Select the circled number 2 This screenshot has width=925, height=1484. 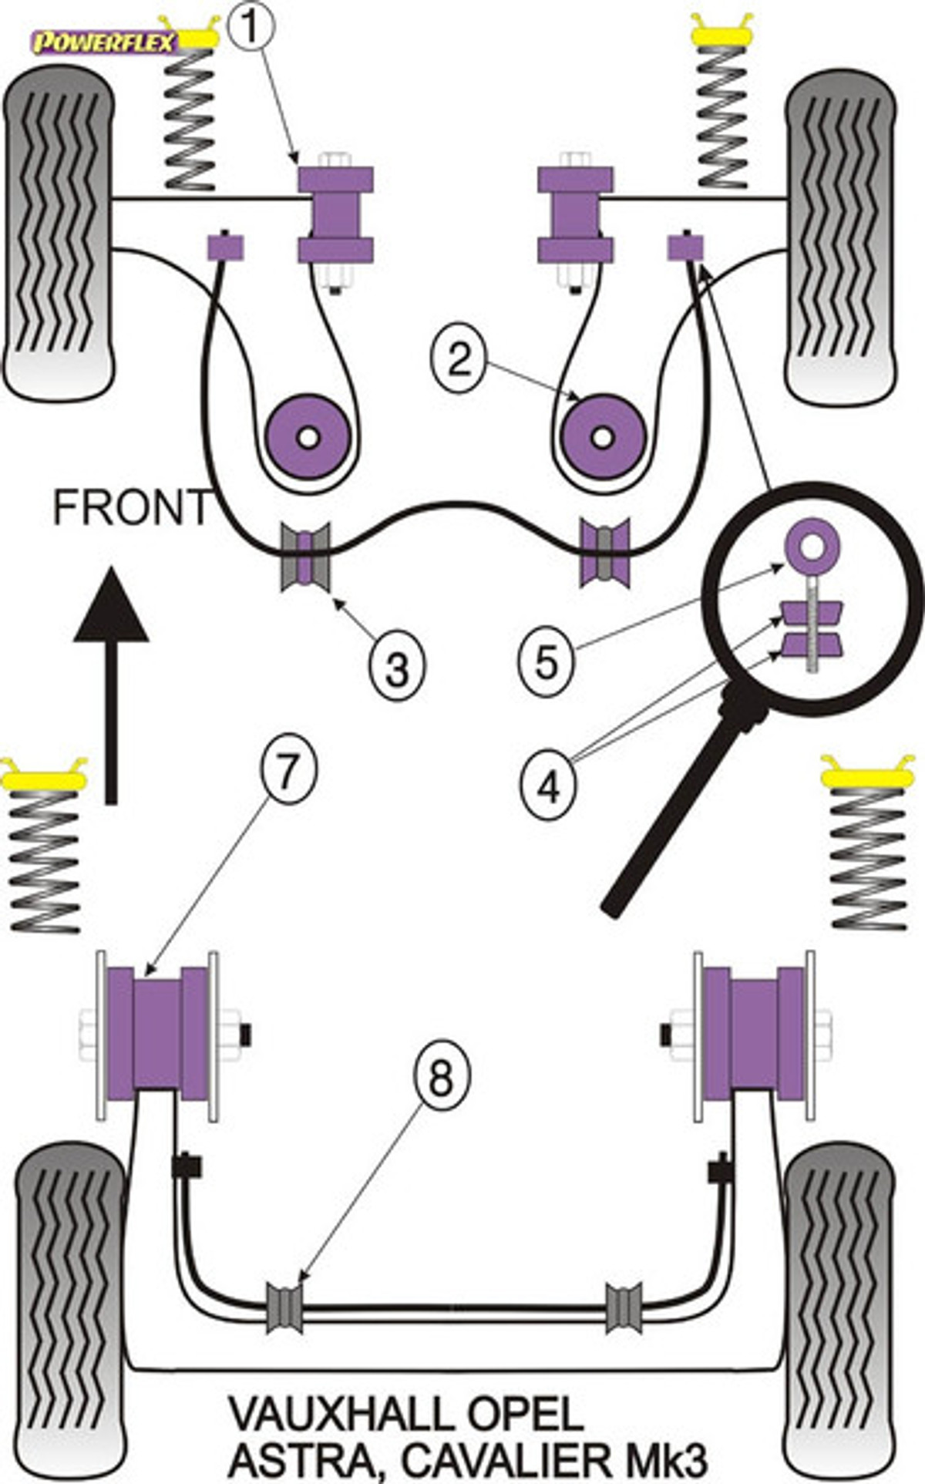459,360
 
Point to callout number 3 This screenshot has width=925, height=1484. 396,667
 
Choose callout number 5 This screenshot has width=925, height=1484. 547,661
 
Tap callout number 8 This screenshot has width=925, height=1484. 440,1077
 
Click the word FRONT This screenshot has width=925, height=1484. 131,508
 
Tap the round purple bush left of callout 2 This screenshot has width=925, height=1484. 308,437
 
